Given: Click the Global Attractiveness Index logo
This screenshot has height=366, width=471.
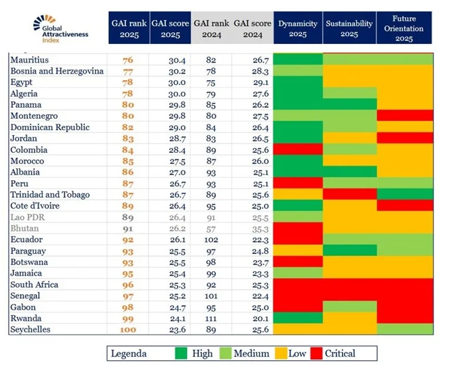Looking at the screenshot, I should tap(60, 30).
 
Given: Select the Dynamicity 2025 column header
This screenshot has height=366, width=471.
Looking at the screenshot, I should tap(298, 28).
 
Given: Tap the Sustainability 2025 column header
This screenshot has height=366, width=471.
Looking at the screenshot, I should tap(349, 28).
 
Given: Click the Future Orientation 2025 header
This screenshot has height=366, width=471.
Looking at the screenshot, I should tap(404, 28).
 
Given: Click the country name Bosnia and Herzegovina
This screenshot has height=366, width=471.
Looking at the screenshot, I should tap(57, 71).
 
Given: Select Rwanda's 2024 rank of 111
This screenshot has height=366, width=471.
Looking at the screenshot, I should tap(212, 318).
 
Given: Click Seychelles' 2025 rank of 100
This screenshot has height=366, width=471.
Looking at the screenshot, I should tap(128, 329).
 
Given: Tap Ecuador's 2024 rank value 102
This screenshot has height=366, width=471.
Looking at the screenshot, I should tap(212, 239).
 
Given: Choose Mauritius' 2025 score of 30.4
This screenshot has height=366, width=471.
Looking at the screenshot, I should tap(170, 60).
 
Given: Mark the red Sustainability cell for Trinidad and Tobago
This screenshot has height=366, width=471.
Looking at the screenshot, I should tap(349, 194).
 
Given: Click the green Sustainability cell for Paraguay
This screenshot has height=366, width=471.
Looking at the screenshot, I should tap(349, 251).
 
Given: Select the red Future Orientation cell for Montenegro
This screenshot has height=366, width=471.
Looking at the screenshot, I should tap(404, 116).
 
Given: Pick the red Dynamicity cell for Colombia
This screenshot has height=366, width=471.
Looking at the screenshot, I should tap(298, 149).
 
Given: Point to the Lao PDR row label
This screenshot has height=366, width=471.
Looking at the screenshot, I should tap(27, 217).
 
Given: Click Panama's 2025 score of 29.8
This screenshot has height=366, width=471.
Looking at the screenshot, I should tap(170, 105).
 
